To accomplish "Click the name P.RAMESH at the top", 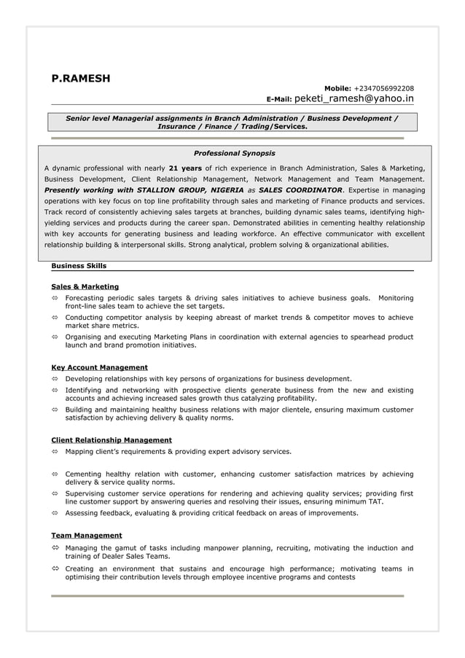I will (x=80, y=79).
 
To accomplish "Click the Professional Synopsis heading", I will (x=234, y=154).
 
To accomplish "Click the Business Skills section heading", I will (x=79, y=266).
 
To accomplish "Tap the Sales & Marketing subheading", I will (x=85, y=286).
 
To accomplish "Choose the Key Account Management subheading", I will (x=99, y=367).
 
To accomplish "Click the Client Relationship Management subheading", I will (x=112, y=440).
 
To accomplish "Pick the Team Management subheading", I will (x=86, y=536).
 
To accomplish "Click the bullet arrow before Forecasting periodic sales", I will (x=55, y=298).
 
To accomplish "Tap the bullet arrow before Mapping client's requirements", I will (x=55, y=452).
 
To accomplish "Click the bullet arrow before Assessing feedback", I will (x=55, y=513).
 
